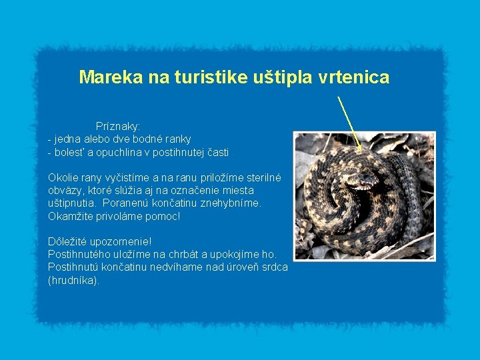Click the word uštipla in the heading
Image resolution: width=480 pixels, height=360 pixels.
tap(279, 77)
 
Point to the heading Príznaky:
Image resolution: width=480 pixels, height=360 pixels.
tap(118, 126)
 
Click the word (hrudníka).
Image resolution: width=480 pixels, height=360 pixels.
tap(74, 280)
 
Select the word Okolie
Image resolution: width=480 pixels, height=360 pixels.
tap(63, 178)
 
